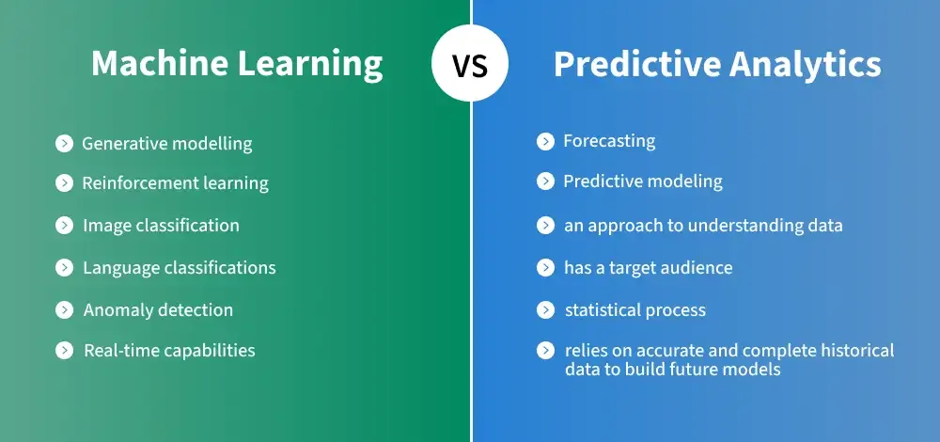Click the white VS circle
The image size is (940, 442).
[470, 62]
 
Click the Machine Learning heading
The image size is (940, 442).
[237, 64]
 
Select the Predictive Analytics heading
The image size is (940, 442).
[717, 64]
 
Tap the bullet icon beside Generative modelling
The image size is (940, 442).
[64, 143]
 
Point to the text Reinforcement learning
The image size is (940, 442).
[175, 183]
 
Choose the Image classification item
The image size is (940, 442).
[162, 225]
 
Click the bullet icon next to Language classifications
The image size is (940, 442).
[64, 267]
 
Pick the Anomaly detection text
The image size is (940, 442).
[158, 309]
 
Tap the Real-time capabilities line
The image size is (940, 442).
[169, 350]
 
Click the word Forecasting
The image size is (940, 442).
[609, 142]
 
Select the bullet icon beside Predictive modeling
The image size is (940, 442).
[545, 182]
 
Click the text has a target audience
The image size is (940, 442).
[648, 267]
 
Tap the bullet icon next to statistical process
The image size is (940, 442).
[545, 310]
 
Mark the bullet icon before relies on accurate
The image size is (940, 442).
[545, 350]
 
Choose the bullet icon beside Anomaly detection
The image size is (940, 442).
[64, 309]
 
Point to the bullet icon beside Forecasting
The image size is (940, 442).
[545, 142]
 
